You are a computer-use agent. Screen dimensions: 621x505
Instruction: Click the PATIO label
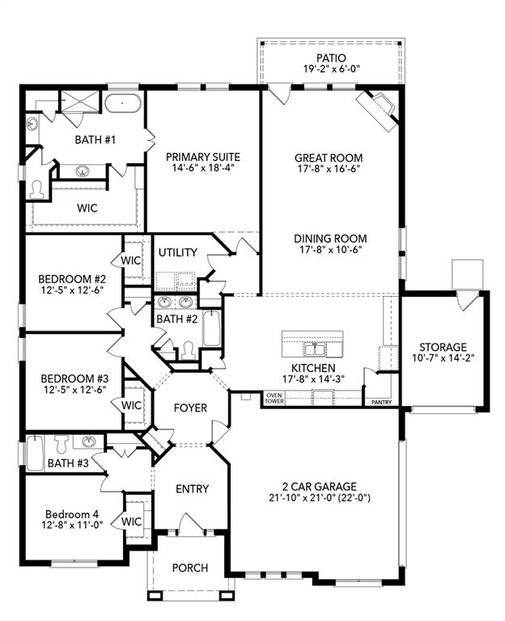tap(330, 58)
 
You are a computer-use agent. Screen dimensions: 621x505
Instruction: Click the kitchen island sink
tap(313, 349)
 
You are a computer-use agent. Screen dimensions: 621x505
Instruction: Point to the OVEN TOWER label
tap(274, 398)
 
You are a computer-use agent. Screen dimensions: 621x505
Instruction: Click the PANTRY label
tap(380, 401)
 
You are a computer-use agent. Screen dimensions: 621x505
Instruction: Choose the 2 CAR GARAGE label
tap(315, 486)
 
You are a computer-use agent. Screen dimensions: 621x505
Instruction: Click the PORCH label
tap(190, 568)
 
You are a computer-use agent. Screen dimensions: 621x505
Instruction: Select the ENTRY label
tap(192, 488)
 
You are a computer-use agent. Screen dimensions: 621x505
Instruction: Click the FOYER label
tap(191, 408)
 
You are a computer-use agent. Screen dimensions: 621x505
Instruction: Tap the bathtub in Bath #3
tap(34, 453)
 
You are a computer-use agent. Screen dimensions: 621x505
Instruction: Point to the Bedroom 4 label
tap(71, 514)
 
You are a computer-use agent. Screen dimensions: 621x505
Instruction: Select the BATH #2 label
tap(177, 319)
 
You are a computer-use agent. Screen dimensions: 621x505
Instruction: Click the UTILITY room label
tap(177, 252)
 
